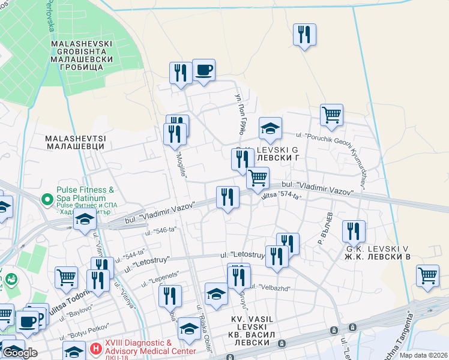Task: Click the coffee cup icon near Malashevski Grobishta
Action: click(203, 70)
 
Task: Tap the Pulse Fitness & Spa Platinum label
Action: click(81, 194)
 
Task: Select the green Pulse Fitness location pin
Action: click(46, 198)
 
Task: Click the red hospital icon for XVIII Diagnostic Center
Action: click(95, 348)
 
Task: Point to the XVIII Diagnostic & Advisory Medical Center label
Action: click(150, 347)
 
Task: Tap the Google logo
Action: click(19, 353)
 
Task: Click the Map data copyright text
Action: click(424, 355)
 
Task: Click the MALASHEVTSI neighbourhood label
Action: click(76, 142)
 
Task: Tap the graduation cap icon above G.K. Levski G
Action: click(270, 128)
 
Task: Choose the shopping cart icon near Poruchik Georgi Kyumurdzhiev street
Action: click(331, 115)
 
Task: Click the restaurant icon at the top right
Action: click(304, 35)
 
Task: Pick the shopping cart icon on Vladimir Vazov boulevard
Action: click(258, 178)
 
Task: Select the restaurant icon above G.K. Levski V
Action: click(354, 231)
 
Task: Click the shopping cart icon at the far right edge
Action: click(427, 276)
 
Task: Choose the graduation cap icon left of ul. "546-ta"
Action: click(85, 220)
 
